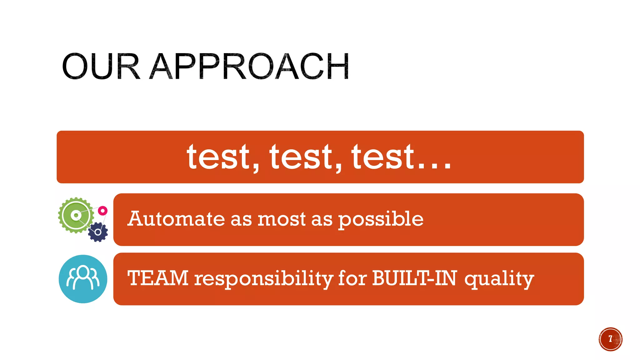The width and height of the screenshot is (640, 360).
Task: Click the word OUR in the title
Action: pyautogui.click(x=101, y=67)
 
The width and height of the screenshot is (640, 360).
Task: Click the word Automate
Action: pyautogui.click(x=176, y=219)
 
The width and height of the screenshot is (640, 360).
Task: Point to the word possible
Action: pyautogui.click(x=381, y=219)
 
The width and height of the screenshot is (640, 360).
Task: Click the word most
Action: pyautogui.click(x=281, y=219)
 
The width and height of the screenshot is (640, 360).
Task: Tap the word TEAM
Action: pyautogui.click(x=158, y=278)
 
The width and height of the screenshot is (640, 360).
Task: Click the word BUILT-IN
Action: pyautogui.click(x=414, y=278)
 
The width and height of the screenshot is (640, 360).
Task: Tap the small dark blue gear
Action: pyautogui.click(x=98, y=232)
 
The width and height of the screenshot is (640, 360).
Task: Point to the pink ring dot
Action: pyautogui.click(x=102, y=211)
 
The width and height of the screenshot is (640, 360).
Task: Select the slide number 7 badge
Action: pyautogui.click(x=610, y=339)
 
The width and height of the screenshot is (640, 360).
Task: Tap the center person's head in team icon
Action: pyautogui.click(x=83, y=272)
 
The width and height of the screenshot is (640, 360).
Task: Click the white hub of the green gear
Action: pyautogui.click(x=76, y=215)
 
